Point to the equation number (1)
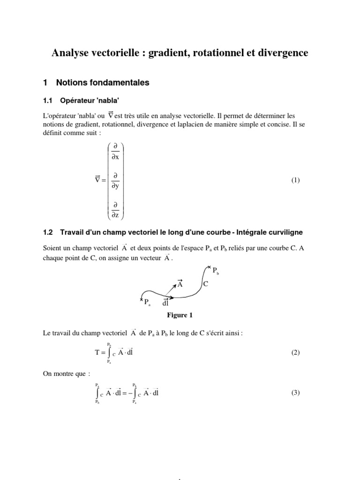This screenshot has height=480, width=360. pos(295,180)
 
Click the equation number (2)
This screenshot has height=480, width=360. pos(295,352)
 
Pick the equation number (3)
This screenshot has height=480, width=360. pos(295,393)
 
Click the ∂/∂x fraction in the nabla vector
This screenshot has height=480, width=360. pos(115,151)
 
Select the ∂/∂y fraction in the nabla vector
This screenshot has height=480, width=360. pos(115,180)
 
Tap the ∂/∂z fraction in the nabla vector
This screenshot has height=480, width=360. pos(115,210)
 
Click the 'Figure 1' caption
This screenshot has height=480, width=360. pos(180,315)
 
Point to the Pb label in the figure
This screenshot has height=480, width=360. pos(216,270)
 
